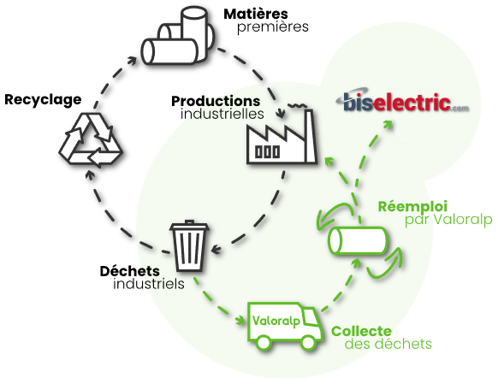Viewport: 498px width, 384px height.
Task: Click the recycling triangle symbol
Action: coord(91,139)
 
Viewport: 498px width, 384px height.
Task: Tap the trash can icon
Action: coord(189,246)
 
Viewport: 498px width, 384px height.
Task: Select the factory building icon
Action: coord(282,137)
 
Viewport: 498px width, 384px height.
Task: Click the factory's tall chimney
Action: coord(310,137)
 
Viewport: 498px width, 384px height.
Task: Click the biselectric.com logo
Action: coord(402,101)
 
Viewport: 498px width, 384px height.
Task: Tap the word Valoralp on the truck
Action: coord(276,321)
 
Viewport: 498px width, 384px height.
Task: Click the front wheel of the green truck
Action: coord(308,342)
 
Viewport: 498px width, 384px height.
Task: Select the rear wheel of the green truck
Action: coord(264,343)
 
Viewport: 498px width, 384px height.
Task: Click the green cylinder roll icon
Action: coord(358,240)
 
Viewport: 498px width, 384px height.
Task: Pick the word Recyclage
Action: coord(43,100)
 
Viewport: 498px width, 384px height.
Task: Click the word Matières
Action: coord(256,14)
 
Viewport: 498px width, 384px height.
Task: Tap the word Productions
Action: coord(216,102)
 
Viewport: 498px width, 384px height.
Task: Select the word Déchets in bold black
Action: coord(129,271)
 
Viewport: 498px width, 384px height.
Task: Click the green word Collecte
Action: coord(361,331)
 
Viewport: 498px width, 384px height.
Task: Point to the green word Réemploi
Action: coord(412,207)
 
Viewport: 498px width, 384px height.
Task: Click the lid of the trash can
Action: coord(189,226)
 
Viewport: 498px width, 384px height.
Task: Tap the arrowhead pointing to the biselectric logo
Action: coord(388,124)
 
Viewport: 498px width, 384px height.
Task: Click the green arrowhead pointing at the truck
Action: coord(240,320)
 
